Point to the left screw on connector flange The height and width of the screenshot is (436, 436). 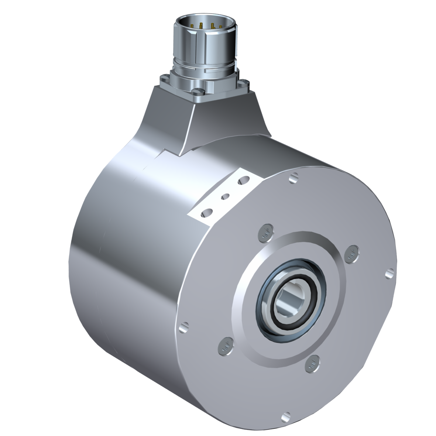point(164,79)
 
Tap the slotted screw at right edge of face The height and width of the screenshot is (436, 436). point(390,274)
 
